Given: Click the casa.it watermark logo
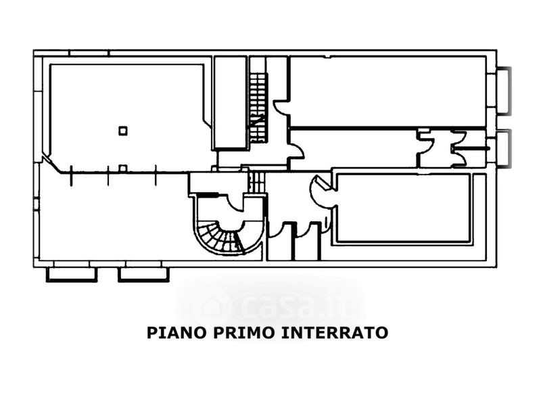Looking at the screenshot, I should [x=270, y=308].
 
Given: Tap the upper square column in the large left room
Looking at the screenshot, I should [x=122, y=131].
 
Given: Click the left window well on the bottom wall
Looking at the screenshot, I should [x=71, y=274].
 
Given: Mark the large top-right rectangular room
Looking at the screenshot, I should [x=389, y=91].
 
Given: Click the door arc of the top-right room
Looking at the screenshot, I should [x=281, y=108].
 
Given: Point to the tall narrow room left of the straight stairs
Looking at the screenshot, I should [x=229, y=101].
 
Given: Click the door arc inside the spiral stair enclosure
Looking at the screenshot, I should [x=237, y=203].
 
